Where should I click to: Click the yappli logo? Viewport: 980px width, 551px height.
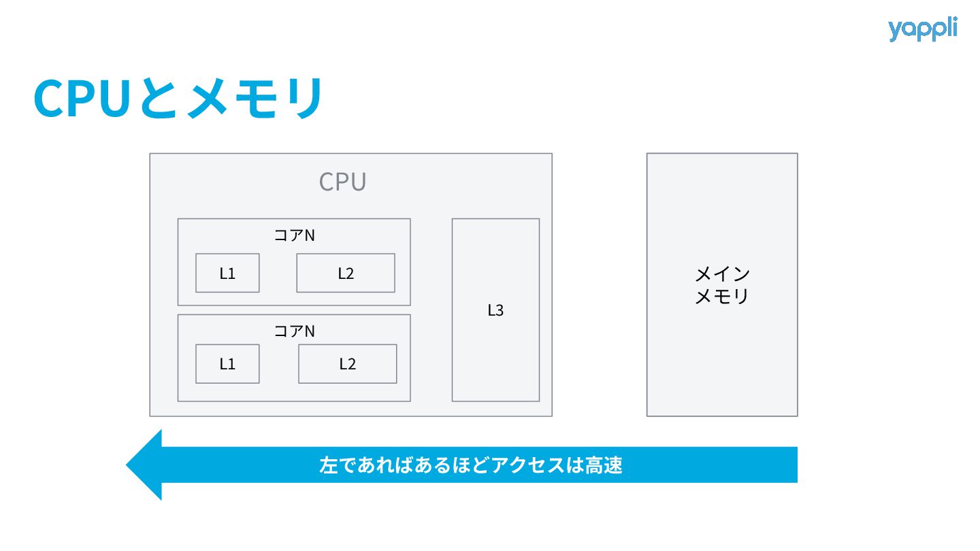pos(922,29)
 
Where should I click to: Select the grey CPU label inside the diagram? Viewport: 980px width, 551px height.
pos(343,182)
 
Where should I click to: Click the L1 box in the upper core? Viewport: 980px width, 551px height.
pos(227,273)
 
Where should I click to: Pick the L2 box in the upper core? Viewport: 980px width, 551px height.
pos(346,273)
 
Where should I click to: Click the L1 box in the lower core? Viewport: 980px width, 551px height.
pos(227,364)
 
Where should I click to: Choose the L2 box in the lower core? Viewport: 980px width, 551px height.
pos(347,364)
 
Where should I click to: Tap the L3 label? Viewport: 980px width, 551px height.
pos(495,310)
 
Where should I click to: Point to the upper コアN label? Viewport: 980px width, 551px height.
pos(294,235)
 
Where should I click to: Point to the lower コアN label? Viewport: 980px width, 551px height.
pos(294,331)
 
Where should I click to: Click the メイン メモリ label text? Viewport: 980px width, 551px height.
pos(722,285)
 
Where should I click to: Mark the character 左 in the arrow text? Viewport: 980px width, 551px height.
pos(328,465)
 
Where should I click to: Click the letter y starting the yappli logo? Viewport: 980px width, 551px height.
pos(895,31)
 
